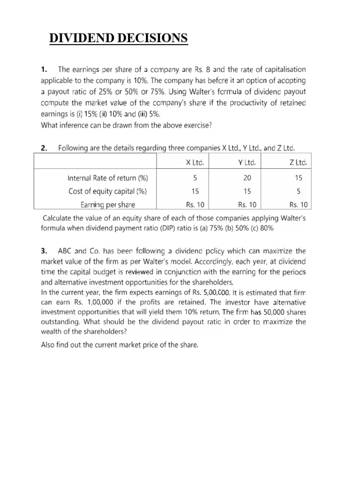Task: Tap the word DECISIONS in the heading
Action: [x=155, y=38]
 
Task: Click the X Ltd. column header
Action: [x=195, y=163]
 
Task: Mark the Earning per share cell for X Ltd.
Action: [x=195, y=204]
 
